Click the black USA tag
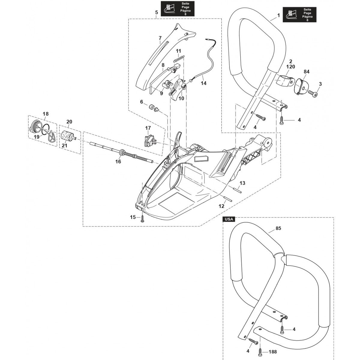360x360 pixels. click(x=229, y=219)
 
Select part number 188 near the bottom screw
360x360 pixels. click(x=273, y=352)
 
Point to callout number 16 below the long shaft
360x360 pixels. click(x=118, y=161)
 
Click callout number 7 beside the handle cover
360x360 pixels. click(x=160, y=38)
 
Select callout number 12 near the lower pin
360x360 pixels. click(x=221, y=206)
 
